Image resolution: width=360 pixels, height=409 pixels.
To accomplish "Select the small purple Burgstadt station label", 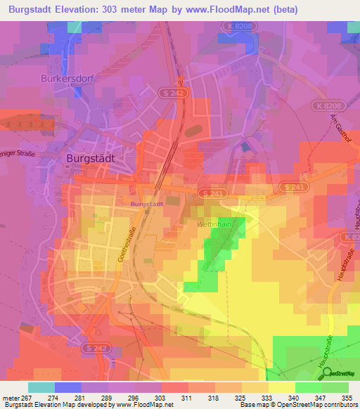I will [x=147, y=204].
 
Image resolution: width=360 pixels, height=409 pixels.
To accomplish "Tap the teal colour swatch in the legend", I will [x=41, y=387].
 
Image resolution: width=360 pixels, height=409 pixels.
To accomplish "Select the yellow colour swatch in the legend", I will [x=281, y=387].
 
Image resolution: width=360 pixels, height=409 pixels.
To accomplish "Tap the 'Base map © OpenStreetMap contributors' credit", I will [x=298, y=405].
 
